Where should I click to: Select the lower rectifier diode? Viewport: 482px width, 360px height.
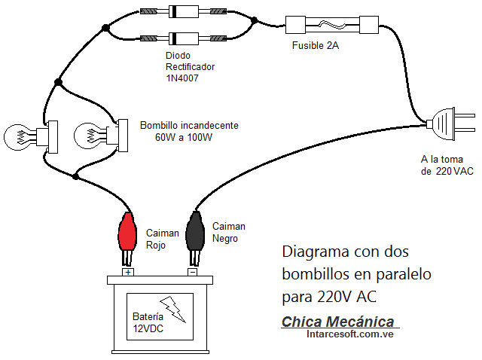(x=180, y=37)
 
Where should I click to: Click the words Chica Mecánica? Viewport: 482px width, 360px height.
(x=337, y=322)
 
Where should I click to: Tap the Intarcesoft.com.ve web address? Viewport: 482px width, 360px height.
(x=350, y=334)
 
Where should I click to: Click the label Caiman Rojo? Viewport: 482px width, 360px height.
(x=162, y=239)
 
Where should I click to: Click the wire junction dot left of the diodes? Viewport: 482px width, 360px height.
(x=106, y=29)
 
